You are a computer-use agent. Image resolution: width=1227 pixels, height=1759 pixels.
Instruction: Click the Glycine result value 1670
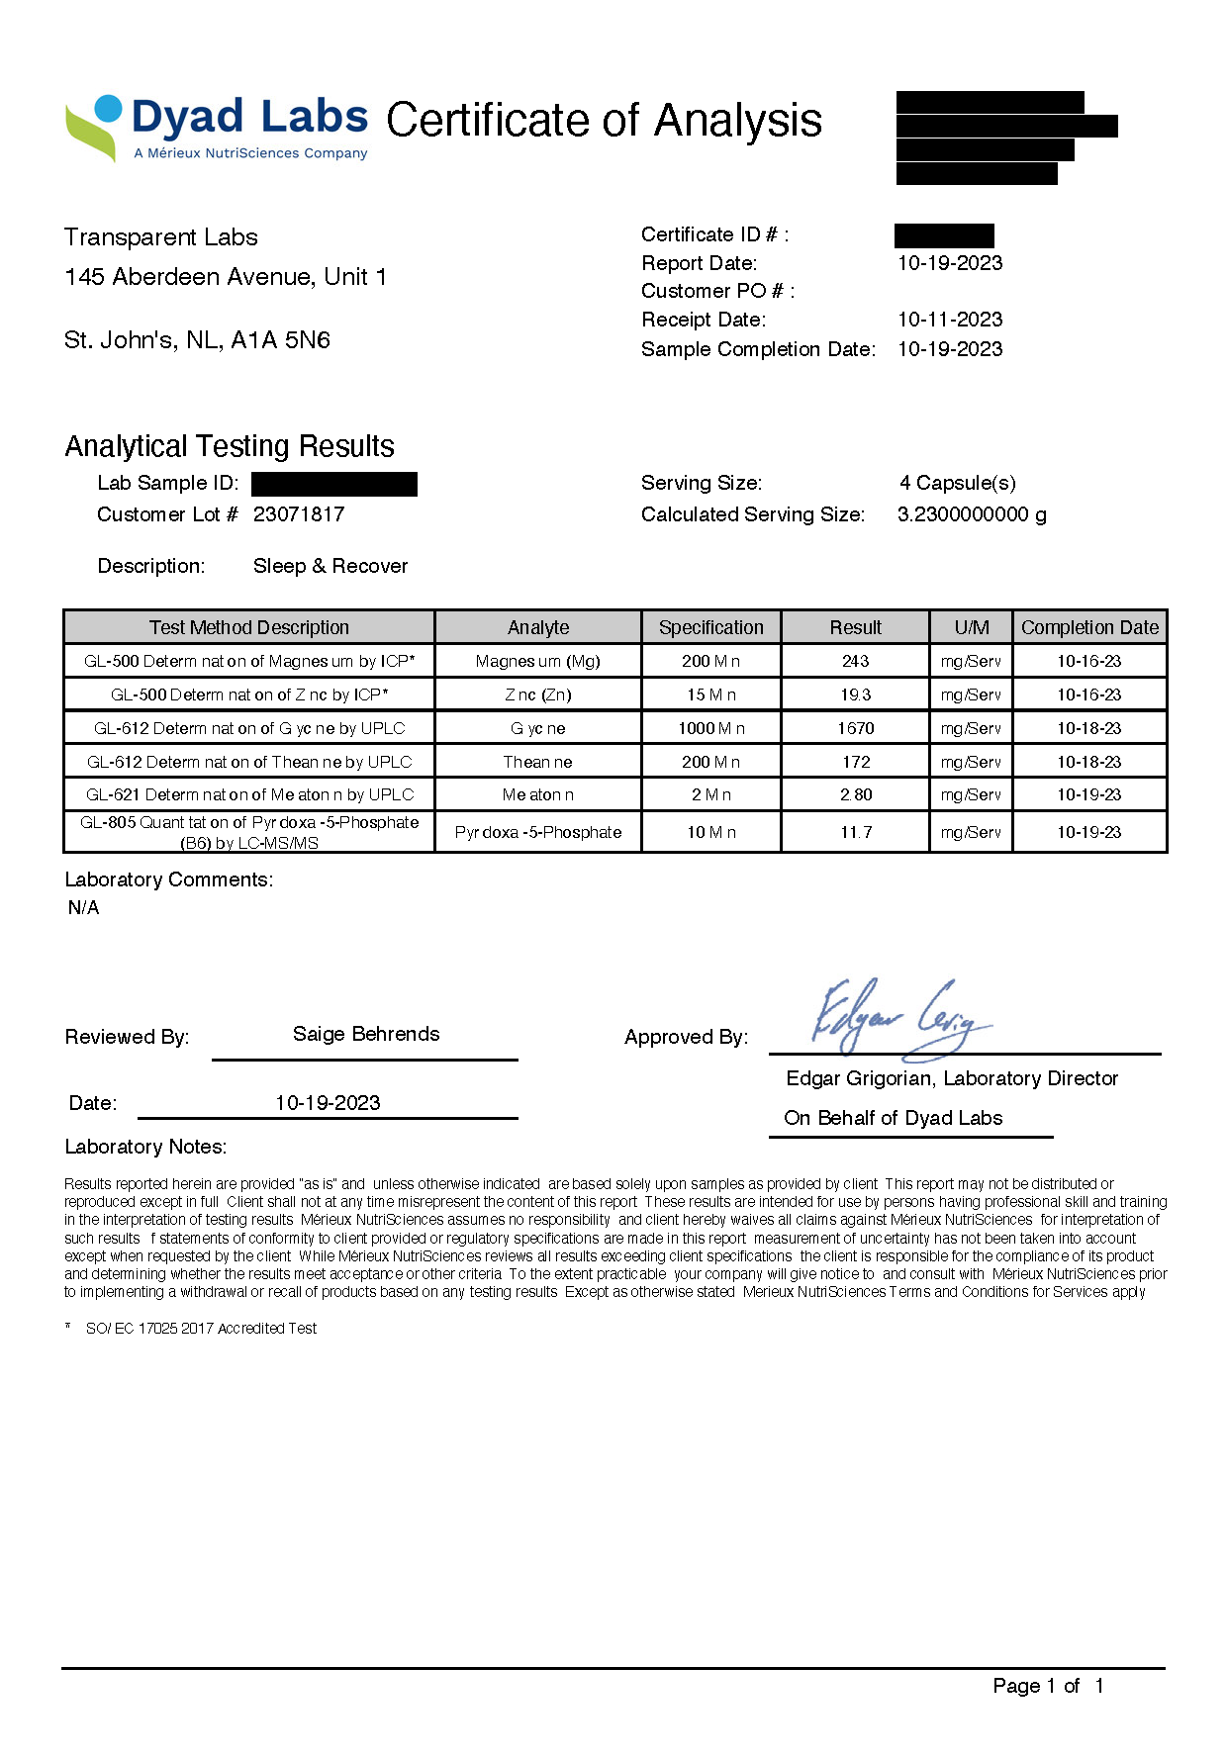tap(855, 728)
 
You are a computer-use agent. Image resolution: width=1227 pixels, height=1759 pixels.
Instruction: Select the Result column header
tap(855, 627)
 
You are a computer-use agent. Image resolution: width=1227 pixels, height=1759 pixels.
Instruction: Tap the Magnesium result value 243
tap(855, 661)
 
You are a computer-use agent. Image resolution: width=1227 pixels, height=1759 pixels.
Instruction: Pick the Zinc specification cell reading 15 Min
tap(710, 694)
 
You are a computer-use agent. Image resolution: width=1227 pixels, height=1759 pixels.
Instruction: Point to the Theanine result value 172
tap(855, 762)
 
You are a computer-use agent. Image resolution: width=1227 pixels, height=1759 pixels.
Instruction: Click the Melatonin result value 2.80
tap(855, 794)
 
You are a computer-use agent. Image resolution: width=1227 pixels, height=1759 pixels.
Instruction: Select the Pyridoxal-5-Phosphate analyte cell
tap(538, 832)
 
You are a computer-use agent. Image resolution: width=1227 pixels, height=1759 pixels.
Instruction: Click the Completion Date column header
tap(1089, 627)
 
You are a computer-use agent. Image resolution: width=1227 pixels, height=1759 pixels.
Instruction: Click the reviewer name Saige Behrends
tap(366, 1034)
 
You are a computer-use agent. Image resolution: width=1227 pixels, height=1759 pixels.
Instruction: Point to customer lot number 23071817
tap(299, 514)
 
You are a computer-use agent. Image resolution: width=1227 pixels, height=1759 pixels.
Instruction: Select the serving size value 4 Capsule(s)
tap(957, 483)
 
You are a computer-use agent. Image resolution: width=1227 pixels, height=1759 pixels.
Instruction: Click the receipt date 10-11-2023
tap(950, 320)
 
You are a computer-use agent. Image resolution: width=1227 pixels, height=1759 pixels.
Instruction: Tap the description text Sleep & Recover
tap(330, 566)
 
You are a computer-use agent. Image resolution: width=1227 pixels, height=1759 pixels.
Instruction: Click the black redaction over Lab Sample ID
tap(334, 484)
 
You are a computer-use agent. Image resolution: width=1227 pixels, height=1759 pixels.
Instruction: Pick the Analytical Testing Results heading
tap(230, 446)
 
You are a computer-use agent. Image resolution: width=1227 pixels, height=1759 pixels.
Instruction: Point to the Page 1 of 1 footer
tap(1048, 1686)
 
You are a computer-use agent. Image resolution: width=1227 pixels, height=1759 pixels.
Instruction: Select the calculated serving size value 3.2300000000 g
tap(972, 514)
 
